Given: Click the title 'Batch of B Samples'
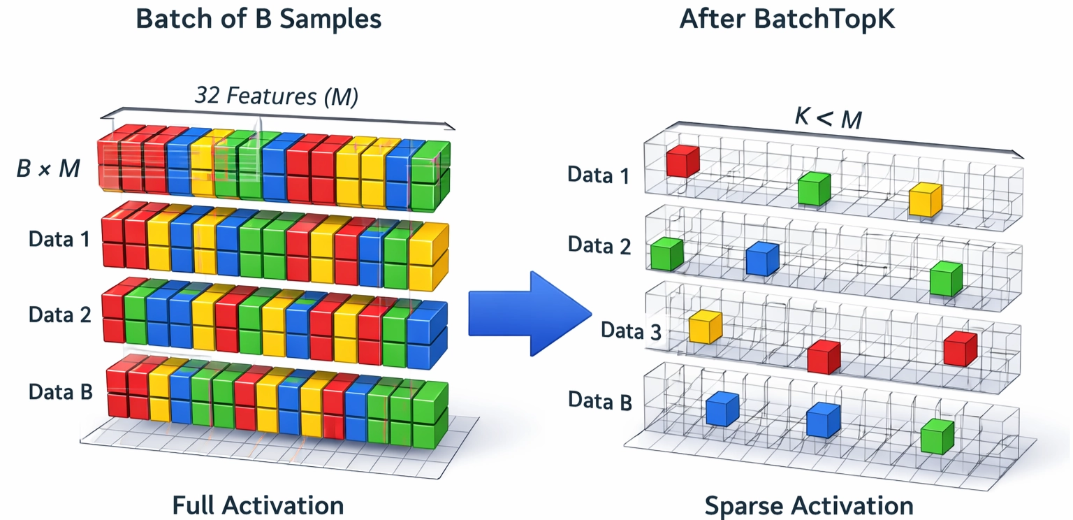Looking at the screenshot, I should point(259,19).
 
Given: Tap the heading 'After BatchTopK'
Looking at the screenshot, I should point(787,19).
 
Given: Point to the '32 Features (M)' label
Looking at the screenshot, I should point(277,96).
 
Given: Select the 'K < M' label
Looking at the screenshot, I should point(828,118).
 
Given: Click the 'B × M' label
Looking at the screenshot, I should point(48,168).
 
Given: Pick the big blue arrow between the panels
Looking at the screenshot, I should point(530,312).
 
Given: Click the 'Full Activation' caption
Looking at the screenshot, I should point(258,505).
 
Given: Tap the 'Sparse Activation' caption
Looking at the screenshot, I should point(808,505).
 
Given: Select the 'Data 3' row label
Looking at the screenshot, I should point(631,331).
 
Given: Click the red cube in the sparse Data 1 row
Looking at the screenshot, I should point(683,161).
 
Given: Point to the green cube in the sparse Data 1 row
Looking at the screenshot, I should point(814,188).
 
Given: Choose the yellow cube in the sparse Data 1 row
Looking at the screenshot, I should point(926,199).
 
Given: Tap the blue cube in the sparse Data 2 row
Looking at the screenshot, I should point(762,259).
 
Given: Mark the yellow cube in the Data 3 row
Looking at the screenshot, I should point(705,327).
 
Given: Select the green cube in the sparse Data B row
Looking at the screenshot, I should point(937,436).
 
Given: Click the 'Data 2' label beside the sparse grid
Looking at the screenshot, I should point(599,245).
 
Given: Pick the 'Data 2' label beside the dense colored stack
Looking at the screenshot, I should point(60,315).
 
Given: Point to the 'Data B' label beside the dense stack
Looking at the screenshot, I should point(61,391).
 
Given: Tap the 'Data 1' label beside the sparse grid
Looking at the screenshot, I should point(599,174).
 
